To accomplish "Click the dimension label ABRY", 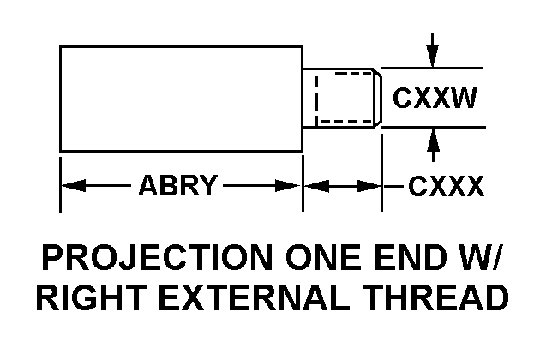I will [178, 185].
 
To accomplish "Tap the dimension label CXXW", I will [434, 98].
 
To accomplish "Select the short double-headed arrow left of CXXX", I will [342, 185].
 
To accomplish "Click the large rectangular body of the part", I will [181, 99].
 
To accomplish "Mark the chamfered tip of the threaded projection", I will [376, 98].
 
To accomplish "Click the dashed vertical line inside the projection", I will [317, 98].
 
